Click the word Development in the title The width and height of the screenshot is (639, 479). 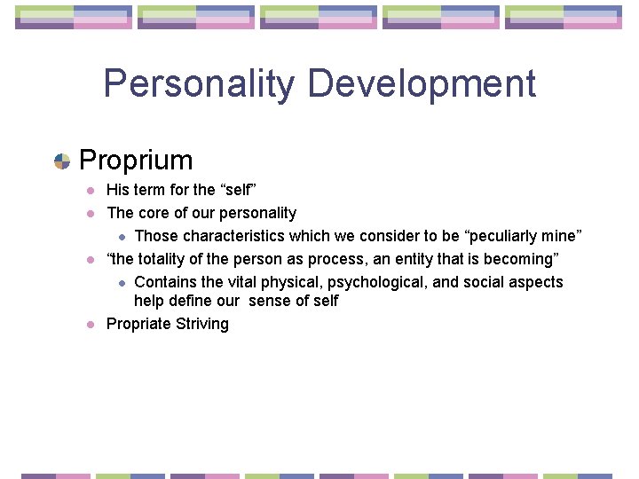(422, 84)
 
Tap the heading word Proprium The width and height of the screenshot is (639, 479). (136, 161)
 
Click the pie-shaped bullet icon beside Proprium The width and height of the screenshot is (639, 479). (62, 161)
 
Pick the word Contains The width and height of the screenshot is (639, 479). (164, 282)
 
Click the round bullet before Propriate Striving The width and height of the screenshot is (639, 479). (91, 325)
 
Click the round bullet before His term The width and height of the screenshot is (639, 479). (91, 191)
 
